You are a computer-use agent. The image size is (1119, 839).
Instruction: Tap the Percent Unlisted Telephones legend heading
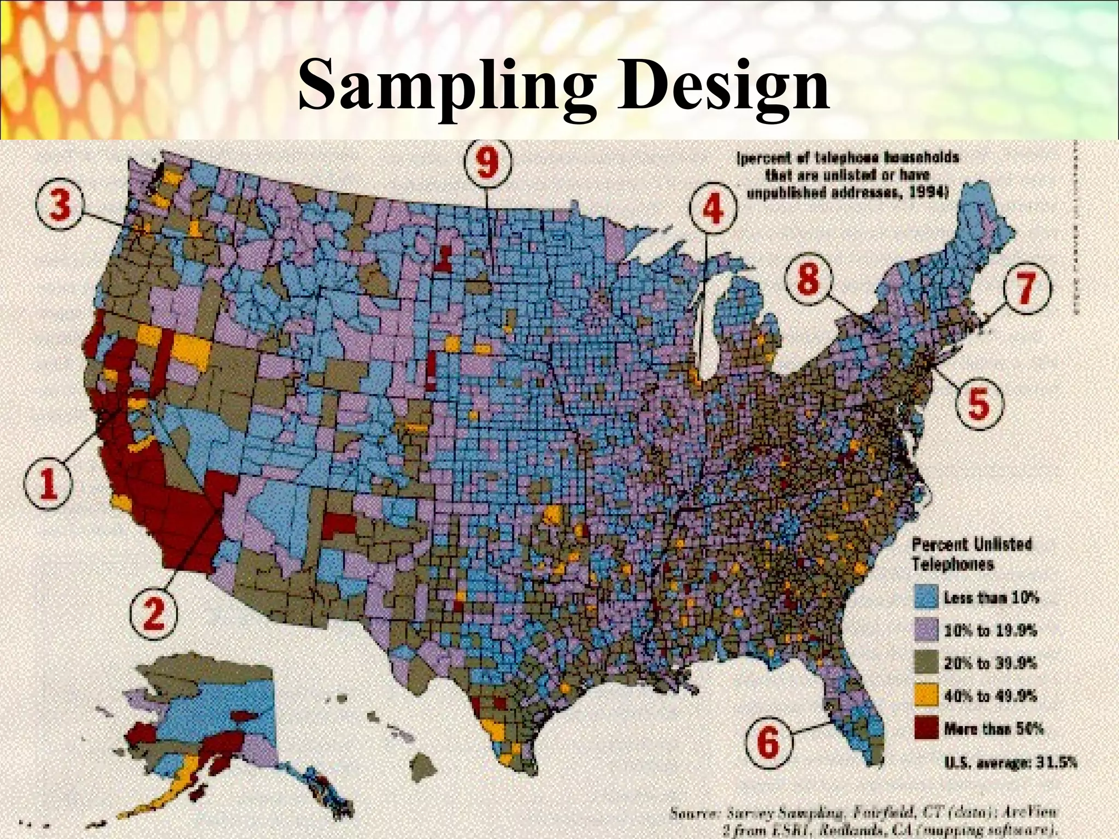click(971, 555)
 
